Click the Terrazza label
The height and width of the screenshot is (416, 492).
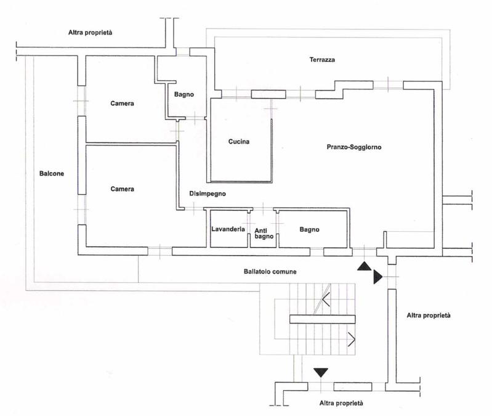(322, 60)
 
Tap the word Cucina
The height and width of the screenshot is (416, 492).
(239, 142)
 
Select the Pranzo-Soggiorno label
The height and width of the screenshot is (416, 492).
(354, 147)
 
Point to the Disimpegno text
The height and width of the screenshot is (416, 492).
(208, 194)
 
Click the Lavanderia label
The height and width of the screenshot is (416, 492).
(228, 229)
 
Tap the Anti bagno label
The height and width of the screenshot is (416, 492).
(264, 234)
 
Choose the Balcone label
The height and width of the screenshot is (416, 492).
(52, 174)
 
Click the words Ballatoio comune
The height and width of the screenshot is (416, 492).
(270, 272)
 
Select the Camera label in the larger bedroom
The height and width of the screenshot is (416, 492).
(123, 189)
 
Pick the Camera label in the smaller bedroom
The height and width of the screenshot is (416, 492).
(123, 104)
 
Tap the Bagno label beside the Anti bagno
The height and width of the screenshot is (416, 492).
(309, 230)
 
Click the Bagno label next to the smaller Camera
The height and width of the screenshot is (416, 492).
(184, 94)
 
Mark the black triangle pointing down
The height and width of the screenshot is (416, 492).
(321, 372)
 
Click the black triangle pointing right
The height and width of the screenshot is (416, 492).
(377, 277)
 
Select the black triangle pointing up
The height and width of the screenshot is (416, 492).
(365, 266)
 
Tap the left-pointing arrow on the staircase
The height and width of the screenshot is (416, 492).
(326, 299)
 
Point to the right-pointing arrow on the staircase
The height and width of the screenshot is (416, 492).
(351, 339)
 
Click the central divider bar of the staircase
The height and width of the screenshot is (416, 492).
(322, 319)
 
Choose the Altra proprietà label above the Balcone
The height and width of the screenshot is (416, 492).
(91, 32)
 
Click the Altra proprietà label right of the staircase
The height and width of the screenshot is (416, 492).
(429, 316)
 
